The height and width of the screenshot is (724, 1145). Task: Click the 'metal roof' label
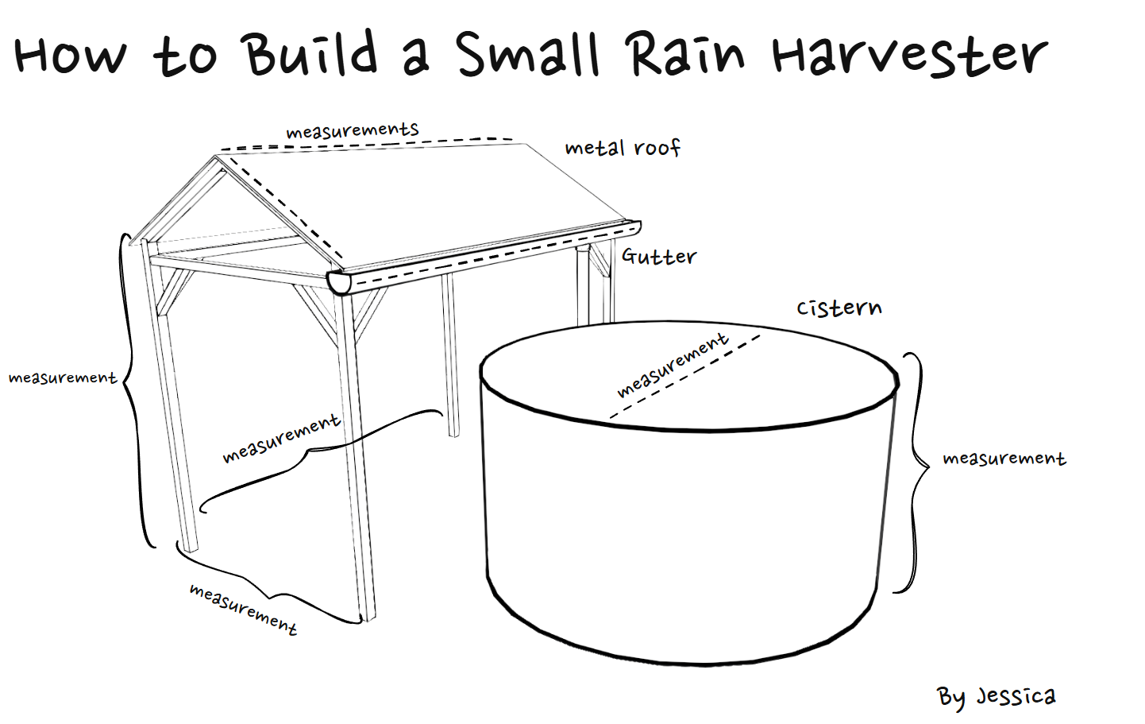click(x=623, y=148)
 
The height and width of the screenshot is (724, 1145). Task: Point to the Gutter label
click(x=658, y=256)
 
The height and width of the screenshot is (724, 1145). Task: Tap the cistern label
click(x=839, y=308)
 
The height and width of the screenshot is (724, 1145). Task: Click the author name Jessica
click(x=1016, y=696)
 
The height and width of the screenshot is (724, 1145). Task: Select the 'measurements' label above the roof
click(x=352, y=130)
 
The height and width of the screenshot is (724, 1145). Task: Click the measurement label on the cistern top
click(x=672, y=364)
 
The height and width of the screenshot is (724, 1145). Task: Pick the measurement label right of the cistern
click(x=1004, y=459)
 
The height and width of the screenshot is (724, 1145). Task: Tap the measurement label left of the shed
click(x=62, y=377)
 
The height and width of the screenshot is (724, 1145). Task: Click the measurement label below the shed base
click(x=243, y=609)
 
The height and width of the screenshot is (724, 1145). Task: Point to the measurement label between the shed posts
click(x=281, y=438)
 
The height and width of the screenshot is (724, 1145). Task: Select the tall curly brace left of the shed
click(x=135, y=389)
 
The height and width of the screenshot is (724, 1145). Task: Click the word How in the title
click(x=70, y=56)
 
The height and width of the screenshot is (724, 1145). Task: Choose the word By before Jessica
click(x=950, y=697)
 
